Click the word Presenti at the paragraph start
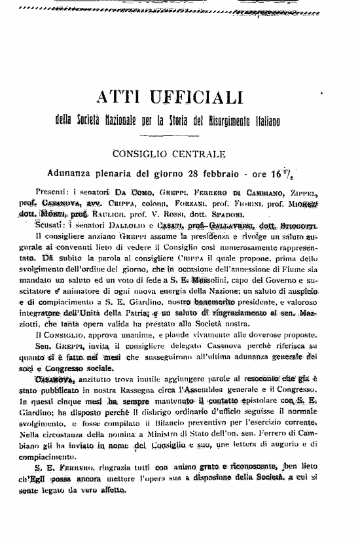tap(54, 193)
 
